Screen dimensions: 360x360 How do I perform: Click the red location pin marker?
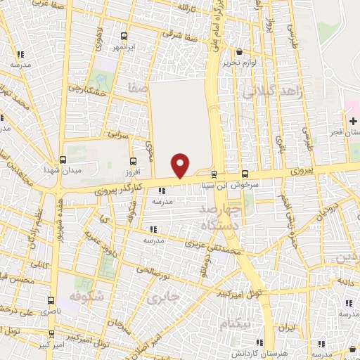(x=181, y=165)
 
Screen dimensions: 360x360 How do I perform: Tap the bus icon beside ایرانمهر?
(x=124, y=36)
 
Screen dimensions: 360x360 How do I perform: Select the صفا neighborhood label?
(x=138, y=89)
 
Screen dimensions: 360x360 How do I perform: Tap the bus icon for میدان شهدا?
(x=63, y=160)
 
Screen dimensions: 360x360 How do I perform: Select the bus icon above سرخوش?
(x=245, y=174)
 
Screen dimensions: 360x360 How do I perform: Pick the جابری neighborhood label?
(x=164, y=297)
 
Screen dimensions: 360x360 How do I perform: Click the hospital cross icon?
(x=353, y=122)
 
